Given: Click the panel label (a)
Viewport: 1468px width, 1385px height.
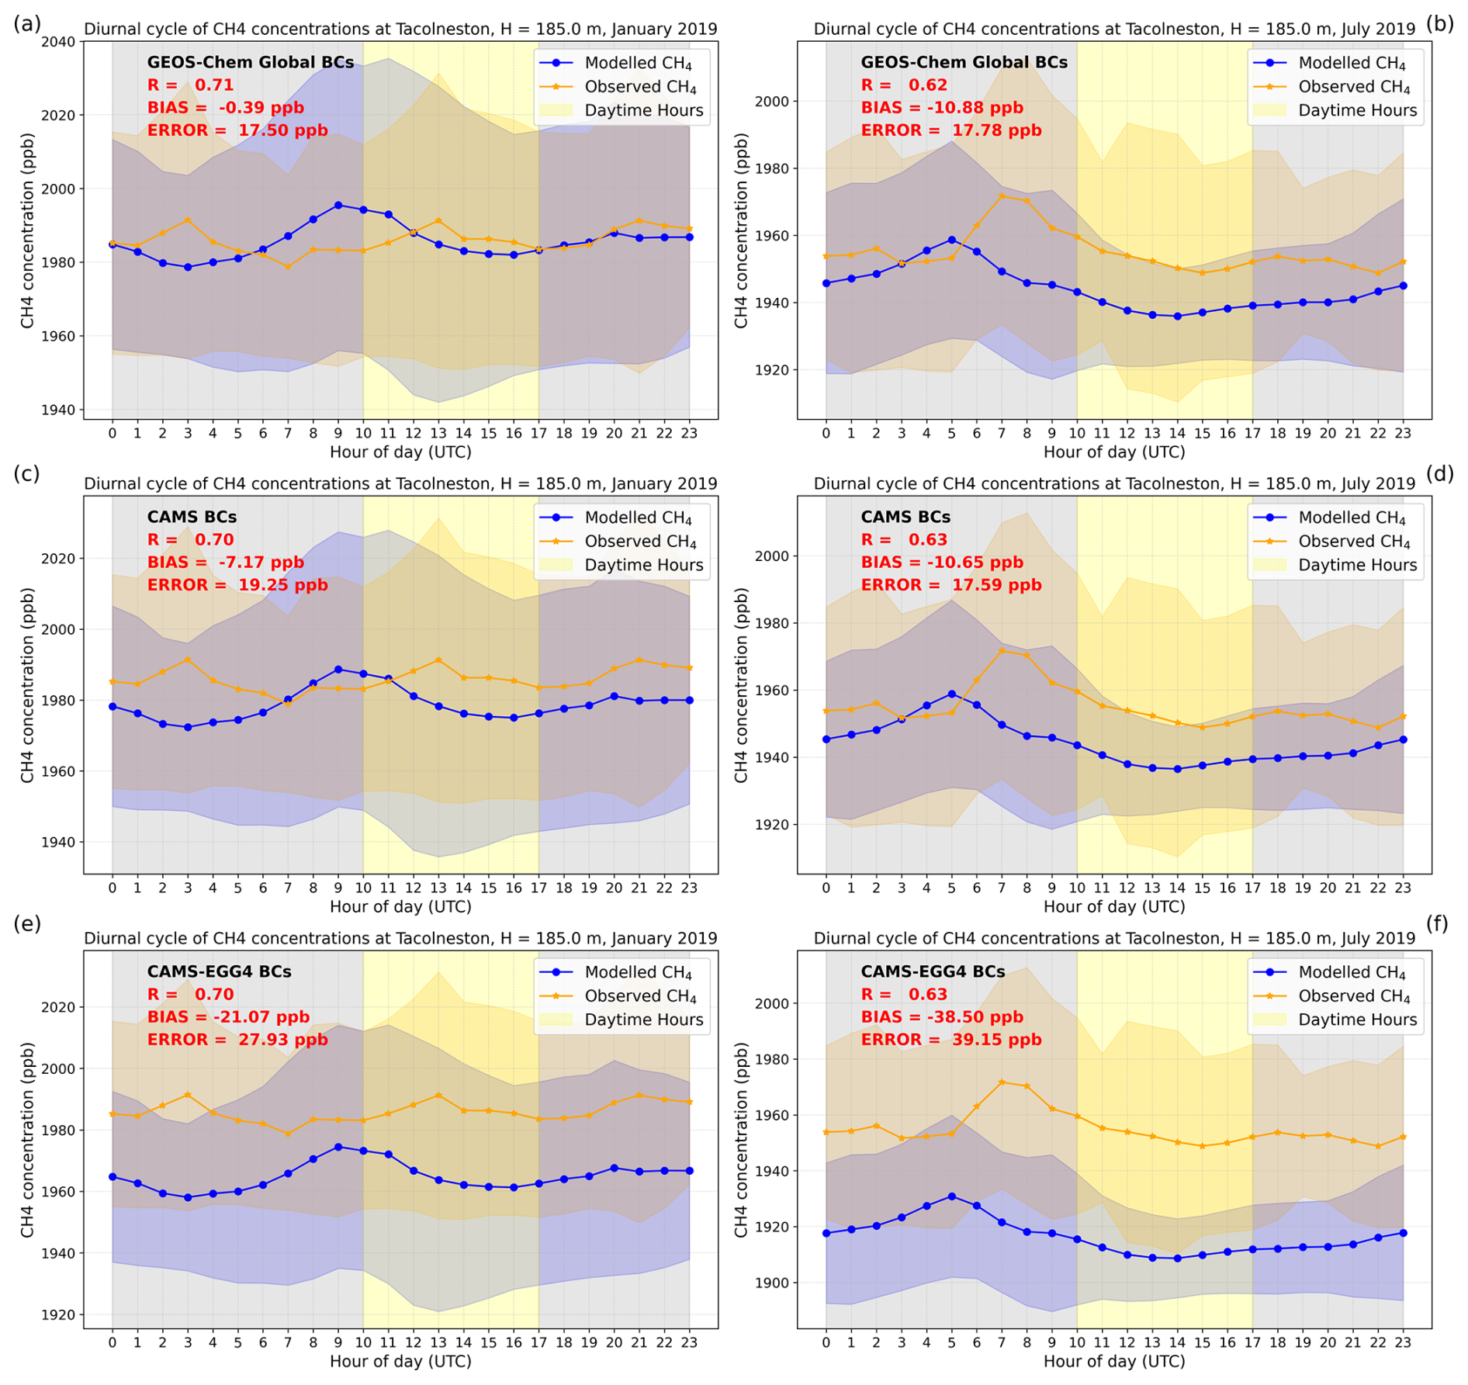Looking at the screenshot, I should pyautogui.click(x=26, y=24).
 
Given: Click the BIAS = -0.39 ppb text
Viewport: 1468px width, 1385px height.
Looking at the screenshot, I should pyautogui.click(x=226, y=108).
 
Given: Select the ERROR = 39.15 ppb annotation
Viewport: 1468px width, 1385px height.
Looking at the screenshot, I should pyautogui.click(x=950, y=1039).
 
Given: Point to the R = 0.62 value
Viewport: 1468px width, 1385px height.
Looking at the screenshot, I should pyautogui.click(x=904, y=85).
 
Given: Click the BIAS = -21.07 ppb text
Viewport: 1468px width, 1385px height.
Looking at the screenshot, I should pyautogui.click(x=228, y=1016).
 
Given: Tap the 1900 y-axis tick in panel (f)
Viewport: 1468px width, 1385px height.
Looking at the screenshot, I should pyautogui.click(x=772, y=1283).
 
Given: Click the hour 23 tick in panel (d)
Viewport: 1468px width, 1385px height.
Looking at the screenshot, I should pyautogui.click(x=1403, y=887).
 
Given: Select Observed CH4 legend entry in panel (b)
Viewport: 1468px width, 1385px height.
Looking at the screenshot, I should pyautogui.click(x=1353, y=87).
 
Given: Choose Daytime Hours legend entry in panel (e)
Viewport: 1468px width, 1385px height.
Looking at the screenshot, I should pyautogui.click(x=643, y=1020).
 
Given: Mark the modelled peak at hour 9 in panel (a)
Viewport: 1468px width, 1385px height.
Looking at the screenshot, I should pyautogui.click(x=338, y=206).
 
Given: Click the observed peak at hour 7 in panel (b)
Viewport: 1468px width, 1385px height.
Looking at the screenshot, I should pyautogui.click(x=1001, y=196).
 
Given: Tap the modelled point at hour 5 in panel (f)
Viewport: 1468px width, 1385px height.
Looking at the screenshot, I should pyautogui.click(x=951, y=1196).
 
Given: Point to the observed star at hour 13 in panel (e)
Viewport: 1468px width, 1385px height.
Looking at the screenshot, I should pyautogui.click(x=438, y=1095).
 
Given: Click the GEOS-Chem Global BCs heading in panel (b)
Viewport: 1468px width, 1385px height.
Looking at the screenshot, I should pyautogui.click(x=964, y=63).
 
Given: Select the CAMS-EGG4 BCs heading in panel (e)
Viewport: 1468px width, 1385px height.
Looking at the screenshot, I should pyautogui.click(x=219, y=971).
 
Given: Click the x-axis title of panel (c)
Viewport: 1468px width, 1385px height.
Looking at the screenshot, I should pyautogui.click(x=400, y=906).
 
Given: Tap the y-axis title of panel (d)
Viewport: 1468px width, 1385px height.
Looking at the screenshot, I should pyautogui.click(x=741, y=685).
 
